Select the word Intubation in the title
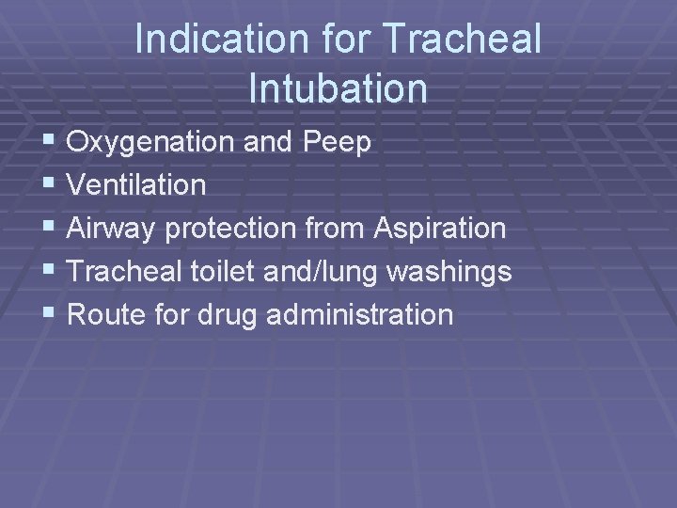point(338,88)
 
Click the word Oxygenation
point(150,143)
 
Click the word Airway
point(116,229)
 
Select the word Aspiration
point(440,229)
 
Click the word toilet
point(223,272)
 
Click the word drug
point(228,315)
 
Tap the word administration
point(360,314)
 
